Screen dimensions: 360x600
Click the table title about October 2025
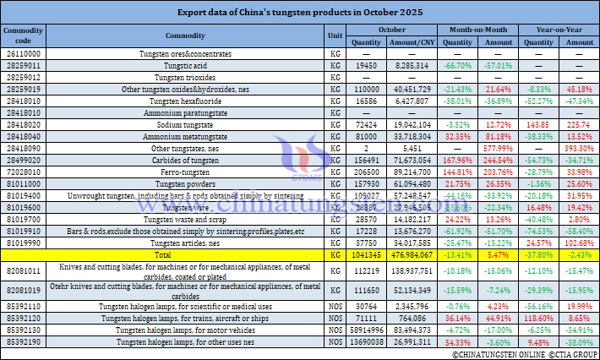coord(300,13)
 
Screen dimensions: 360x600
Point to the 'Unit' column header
coord(335,35)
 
